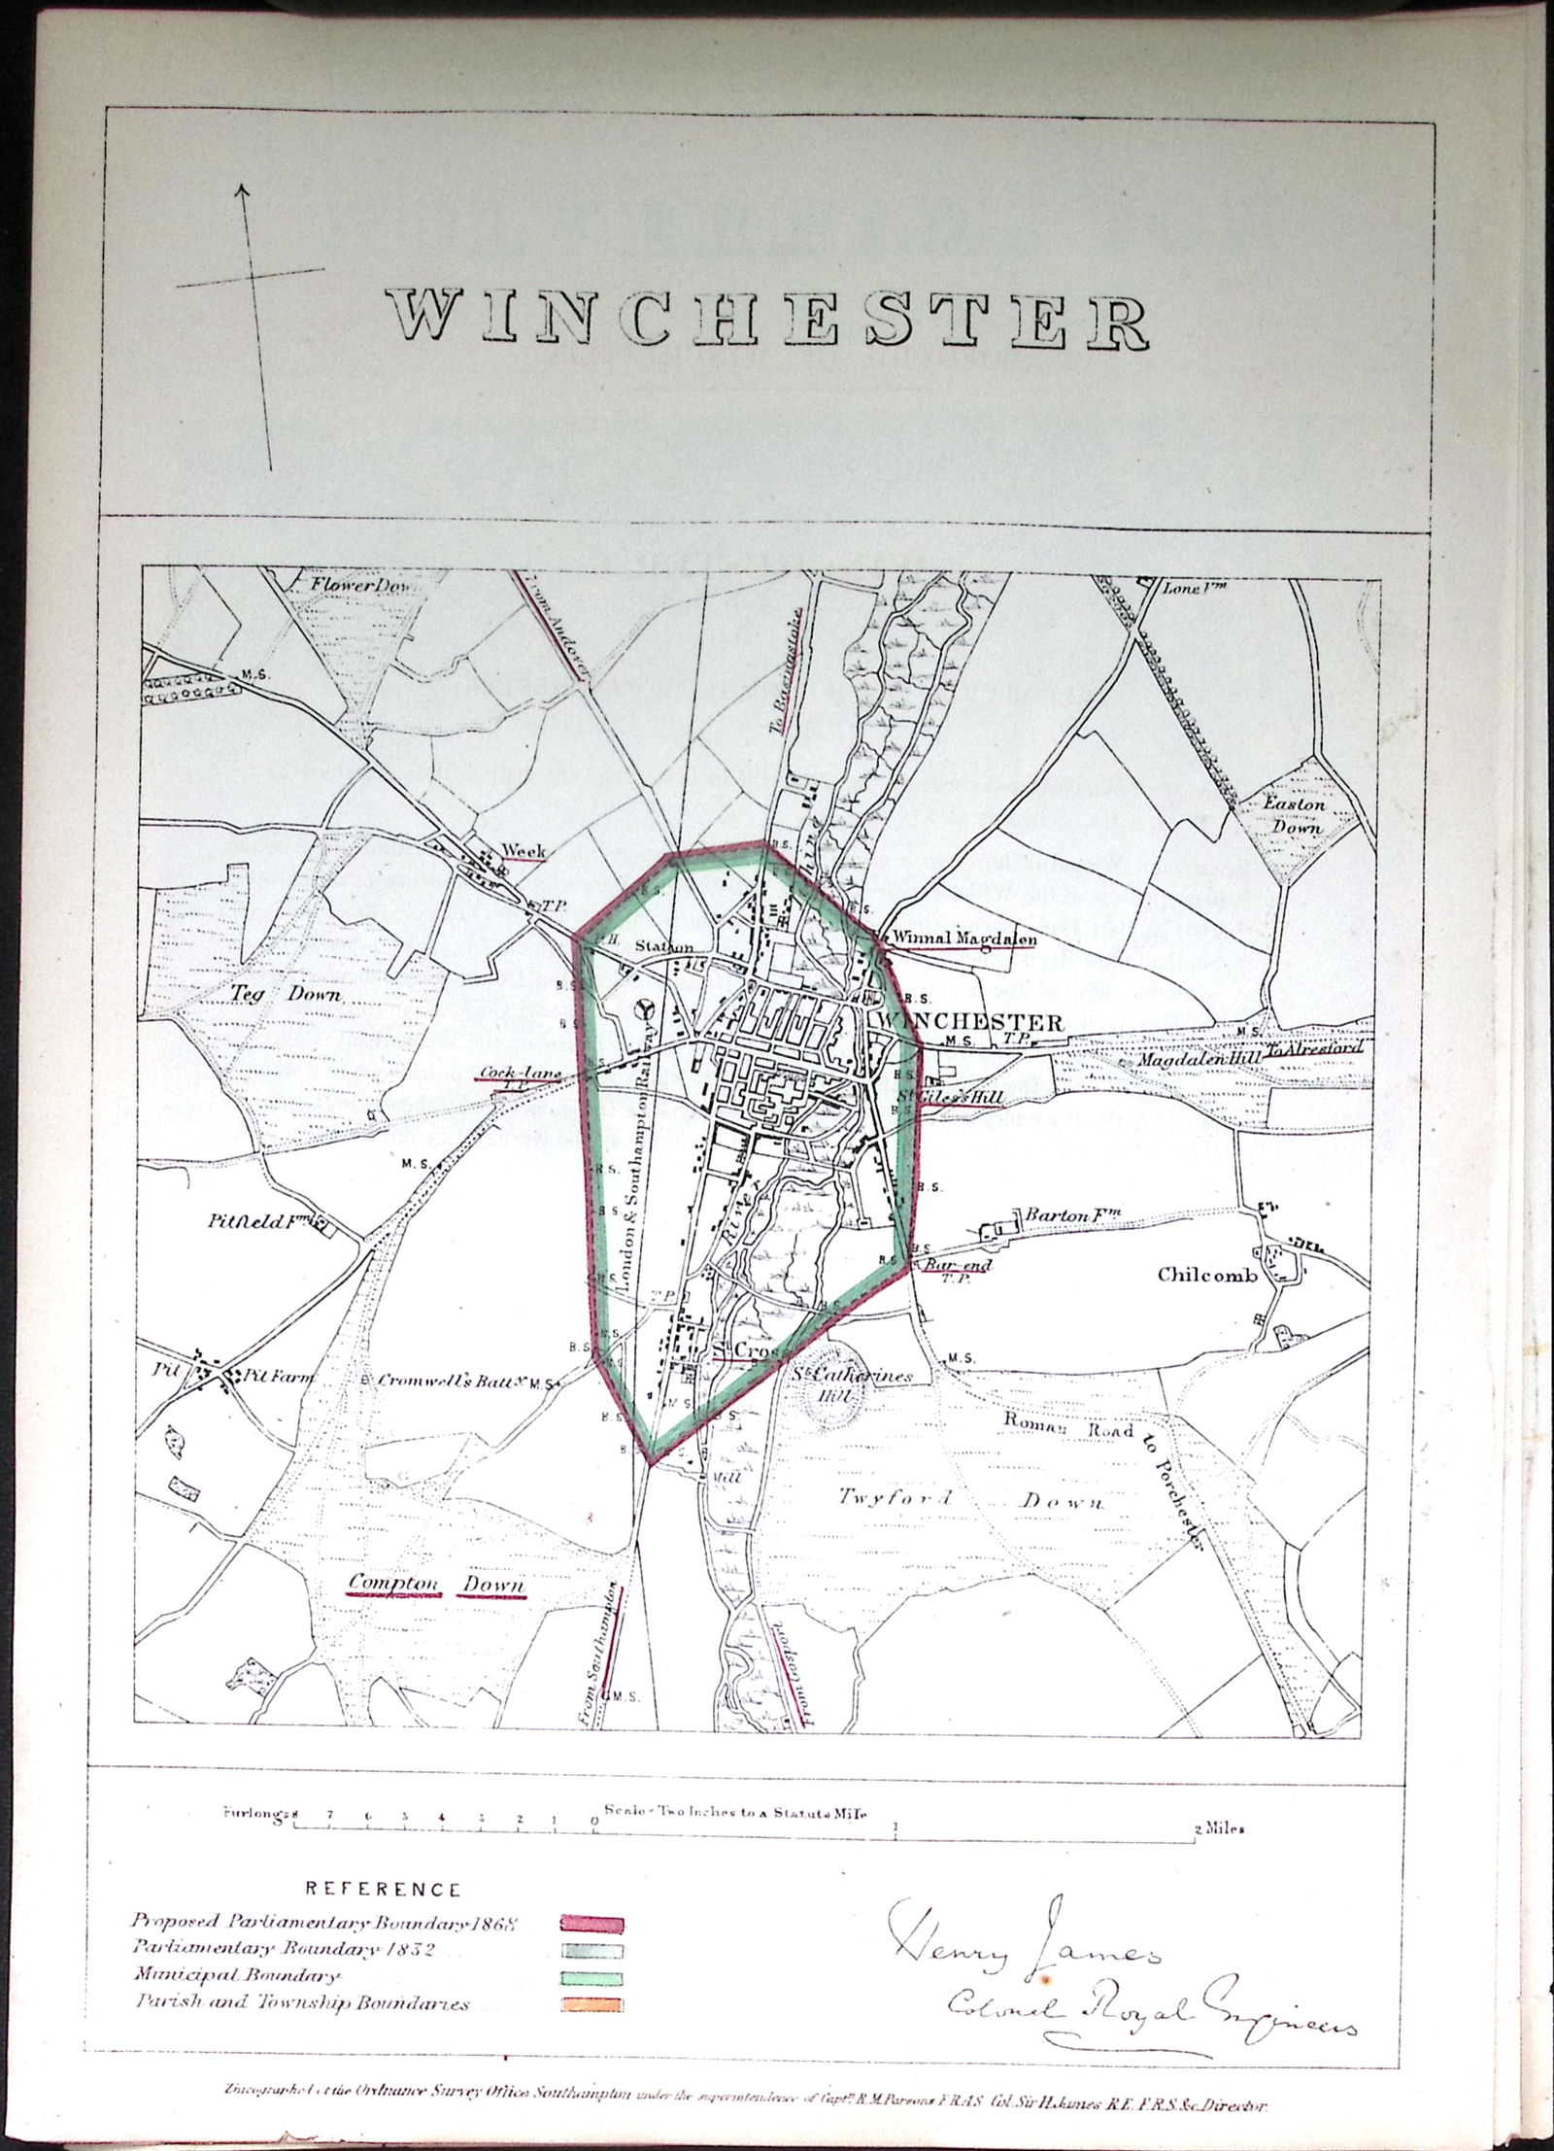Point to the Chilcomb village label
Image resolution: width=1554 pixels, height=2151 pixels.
point(1207,1276)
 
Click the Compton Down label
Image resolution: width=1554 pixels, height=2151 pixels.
point(436,1586)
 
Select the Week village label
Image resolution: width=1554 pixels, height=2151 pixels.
point(523,851)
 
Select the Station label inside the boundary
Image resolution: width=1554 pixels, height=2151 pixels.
point(664,946)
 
